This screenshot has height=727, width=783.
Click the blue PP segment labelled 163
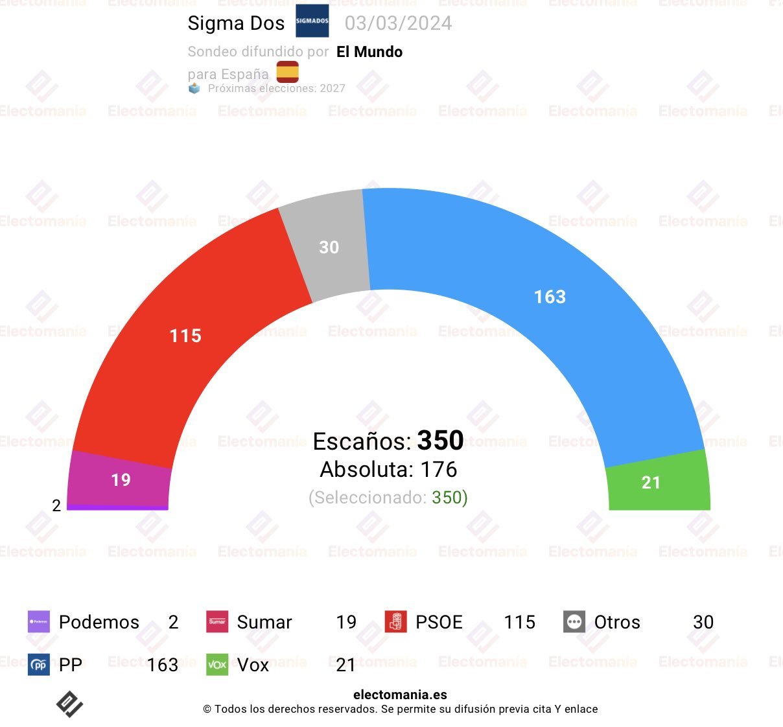[x=550, y=297]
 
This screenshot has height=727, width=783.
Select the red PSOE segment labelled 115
[x=185, y=336]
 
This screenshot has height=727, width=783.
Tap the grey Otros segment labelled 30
[x=329, y=247]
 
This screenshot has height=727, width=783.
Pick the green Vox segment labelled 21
[x=651, y=482]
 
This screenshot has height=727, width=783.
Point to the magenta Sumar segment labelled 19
[x=121, y=479]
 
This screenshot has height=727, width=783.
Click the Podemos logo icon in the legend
[x=39, y=622]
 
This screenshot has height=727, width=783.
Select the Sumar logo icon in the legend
[x=217, y=622]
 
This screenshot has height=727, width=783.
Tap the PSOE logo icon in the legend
[x=395, y=622]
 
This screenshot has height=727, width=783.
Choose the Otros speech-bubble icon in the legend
[x=574, y=622]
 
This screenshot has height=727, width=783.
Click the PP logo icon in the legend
[x=39, y=665]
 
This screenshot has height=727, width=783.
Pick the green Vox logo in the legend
[x=217, y=665]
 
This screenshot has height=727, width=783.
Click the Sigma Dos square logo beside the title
[x=312, y=21]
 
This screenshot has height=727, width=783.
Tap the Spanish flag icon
[x=288, y=72]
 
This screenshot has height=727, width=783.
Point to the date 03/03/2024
[x=398, y=23]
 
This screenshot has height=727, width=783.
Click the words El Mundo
[x=369, y=52]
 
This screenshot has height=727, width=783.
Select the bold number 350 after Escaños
[x=440, y=441]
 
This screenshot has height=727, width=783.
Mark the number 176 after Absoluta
[x=439, y=469]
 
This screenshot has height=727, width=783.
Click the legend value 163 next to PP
[x=162, y=665]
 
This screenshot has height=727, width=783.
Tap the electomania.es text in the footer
[x=400, y=695]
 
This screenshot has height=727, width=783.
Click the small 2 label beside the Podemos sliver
[x=56, y=505]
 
